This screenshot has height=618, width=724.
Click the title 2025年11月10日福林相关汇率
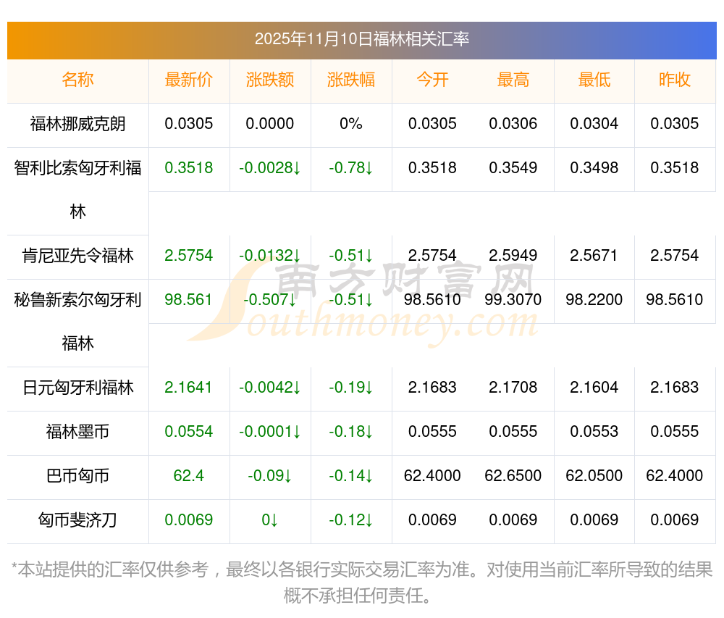click(361, 39)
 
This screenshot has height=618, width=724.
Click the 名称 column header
click(77, 80)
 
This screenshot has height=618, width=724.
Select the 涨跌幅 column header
click(351, 80)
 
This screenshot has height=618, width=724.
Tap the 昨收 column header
click(675, 80)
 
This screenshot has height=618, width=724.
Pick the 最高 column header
click(513, 80)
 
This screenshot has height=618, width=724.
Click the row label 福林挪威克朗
click(77, 124)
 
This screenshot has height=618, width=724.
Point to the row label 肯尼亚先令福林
click(77, 256)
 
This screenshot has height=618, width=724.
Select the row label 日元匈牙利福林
click(77, 388)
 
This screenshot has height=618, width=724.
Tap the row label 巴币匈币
click(77, 476)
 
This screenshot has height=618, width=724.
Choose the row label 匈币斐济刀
click(77, 520)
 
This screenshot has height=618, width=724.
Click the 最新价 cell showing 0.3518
click(189, 168)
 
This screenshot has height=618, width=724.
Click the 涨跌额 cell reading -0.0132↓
click(270, 256)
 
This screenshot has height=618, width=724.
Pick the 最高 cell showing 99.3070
click(513, 300)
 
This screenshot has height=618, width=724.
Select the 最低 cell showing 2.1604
click(594, 388)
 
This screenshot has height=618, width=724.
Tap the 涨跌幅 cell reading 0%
click(351, 124)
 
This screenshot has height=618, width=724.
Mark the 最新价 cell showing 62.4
click(189, 476)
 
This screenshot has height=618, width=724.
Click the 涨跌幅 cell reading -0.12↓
click(351, 520)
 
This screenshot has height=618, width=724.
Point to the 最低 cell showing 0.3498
click(594, 168)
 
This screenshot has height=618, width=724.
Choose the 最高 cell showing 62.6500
click(513, 476)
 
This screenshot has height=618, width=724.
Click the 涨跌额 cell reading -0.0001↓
click(270, 432)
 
